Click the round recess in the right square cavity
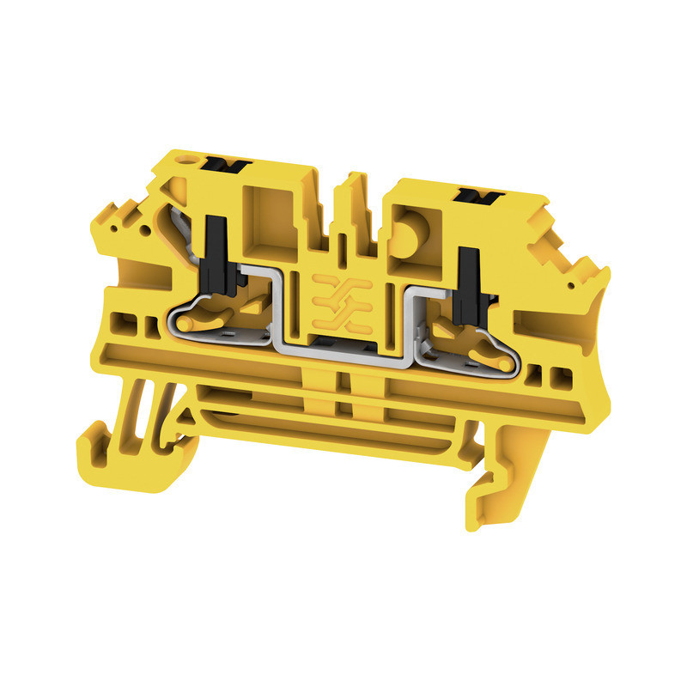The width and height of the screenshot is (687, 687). (x=410, y=234)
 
